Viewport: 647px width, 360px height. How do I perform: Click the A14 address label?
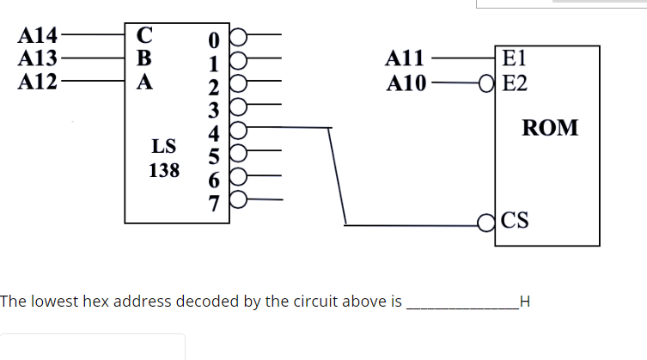pyautogui.click(x=38, y=36)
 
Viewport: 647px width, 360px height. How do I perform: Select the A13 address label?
pyautogui.click(x=38, y=59)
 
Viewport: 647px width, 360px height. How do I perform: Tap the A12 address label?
pyautogui.click(x=38, y=82)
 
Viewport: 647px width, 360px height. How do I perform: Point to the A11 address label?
pyautogui.click(x=405, y=59)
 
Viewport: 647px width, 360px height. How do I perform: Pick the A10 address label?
pyautogui.click(x=405, y=83)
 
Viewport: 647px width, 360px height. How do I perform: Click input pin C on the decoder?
pyautogui.click(x=144, y=36)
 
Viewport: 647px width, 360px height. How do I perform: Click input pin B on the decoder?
pyautogui.click(x=144, y=59)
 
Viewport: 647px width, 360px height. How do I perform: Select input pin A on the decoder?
pyautogui.click(x=144, y=82)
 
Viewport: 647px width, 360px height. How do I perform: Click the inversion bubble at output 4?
pyautogui.click(x=238, y=131)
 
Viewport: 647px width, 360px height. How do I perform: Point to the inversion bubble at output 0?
pyautogui.click(x=238, y=39)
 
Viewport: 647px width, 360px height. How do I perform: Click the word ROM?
pyautogui.click(x=550, y=129)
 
